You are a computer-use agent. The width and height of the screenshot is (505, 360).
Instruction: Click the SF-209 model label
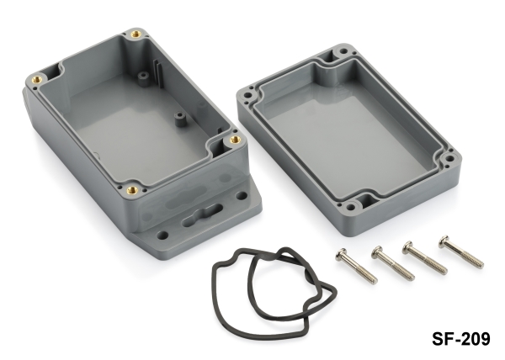pos(461,338)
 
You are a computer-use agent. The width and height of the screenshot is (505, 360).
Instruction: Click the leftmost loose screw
pos(356,266)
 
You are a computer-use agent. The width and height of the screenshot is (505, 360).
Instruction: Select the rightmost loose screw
pos(461,251)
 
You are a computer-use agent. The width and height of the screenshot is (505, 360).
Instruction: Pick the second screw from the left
pos(392,262)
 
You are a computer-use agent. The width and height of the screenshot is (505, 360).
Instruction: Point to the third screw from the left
pos(424,257)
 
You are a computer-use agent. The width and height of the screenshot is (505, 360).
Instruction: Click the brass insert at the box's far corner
pos(136,34)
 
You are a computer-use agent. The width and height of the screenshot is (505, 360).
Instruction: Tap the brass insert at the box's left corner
pos(37,78)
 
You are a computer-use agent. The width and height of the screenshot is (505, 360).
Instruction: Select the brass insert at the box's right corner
pos(236,140)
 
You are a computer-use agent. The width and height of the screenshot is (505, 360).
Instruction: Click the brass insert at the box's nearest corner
pos(132,190)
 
